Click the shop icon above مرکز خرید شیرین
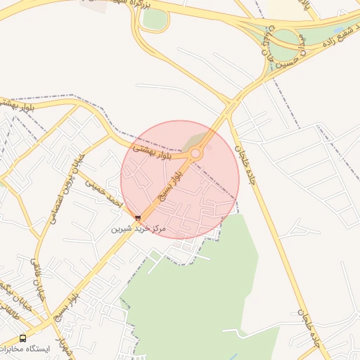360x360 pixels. pyautogui.click(x=138, y=218)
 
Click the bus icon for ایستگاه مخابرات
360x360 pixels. pyautogui.click(x=23, y=338)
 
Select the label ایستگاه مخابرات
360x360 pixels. pyautogui.click(x=25, y=349)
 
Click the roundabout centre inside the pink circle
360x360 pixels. pyautogui.click(x=195, y=153)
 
